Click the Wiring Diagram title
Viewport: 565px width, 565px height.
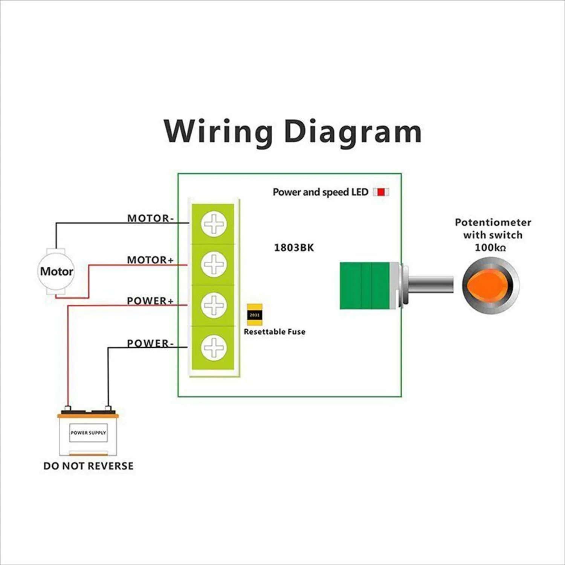tap(293, 131)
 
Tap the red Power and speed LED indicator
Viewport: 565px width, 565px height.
tap(381, 192)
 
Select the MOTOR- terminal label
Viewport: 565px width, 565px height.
tap(150, 218)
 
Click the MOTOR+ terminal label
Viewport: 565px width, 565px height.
tap(150, 260)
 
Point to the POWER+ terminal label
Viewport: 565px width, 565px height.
tap(150, 301)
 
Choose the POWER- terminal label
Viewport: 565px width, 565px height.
tap(150, 343)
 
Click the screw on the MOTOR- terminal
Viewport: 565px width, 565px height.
tap(214, 224)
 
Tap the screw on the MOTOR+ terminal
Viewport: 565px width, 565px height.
tap(214, 264)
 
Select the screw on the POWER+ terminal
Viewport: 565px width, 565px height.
tap(214, 305)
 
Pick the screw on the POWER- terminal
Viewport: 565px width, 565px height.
tap(214, 347)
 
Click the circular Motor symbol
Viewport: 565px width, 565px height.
tap(56, 271)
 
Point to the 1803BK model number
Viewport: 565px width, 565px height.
tap(294, 247)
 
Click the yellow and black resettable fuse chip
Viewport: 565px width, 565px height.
tap(255, 315)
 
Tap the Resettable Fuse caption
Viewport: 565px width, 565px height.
tap(275, 332)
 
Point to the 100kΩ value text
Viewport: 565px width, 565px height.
tap(490, 247)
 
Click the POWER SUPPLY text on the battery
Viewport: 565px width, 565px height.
tap(89, 433)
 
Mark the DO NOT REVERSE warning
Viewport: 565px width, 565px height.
tap(89, 466)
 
